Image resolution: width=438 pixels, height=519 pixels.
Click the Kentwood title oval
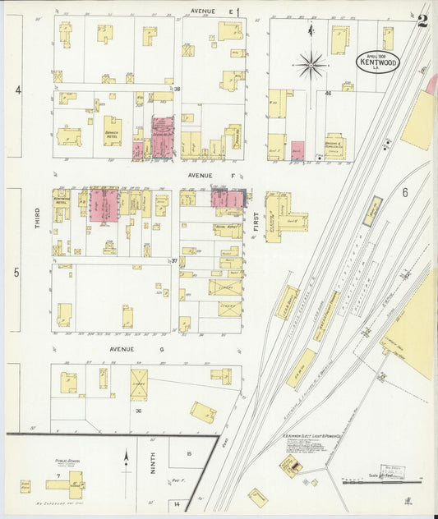[x=376, y=61]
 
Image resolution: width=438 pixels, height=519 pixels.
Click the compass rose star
[x=311, y=63]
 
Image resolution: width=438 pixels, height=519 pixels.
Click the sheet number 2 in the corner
[x=422, y=21]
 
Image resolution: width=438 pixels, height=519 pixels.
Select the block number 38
[x=176, y=89]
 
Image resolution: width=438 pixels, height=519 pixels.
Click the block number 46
[x=327, y=94]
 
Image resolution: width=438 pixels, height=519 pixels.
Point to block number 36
[x=139, y=411]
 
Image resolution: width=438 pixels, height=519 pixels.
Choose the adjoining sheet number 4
[x=16, y=88]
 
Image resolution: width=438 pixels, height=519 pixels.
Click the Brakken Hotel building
[x=112, y=130]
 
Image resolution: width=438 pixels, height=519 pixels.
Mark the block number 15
[x=188, y=453]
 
